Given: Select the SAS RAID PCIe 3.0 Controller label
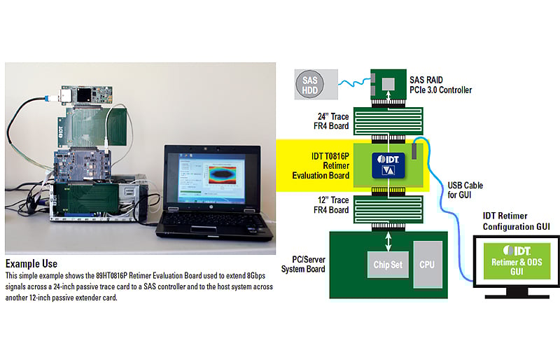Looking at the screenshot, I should pos(440,85).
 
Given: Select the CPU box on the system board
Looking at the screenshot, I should pos(427,265).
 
